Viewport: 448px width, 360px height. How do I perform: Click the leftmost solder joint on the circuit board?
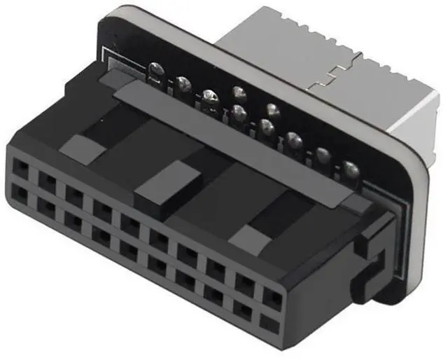pyautogui.click(x=155, y=70)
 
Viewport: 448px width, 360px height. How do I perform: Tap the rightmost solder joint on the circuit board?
pyautogui.click(x=349, y=168)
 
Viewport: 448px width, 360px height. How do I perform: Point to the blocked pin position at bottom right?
pyautogui.click(x=268, y=324)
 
